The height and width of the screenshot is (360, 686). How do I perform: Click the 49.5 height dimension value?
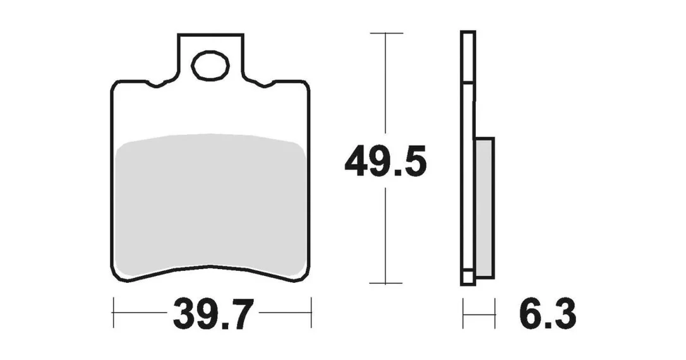385,163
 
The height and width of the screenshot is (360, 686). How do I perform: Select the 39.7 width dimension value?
213,315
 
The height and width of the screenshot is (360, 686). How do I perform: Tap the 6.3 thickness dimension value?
548,314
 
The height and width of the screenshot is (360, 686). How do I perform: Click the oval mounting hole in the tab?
210,66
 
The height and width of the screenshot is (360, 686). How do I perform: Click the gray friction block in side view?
484,208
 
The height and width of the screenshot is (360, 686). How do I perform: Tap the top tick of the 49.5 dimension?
387,33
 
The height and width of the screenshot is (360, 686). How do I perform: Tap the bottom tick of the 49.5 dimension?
385,283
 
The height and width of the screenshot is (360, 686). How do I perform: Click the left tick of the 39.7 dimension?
113,313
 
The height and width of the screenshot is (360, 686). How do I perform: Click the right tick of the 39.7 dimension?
311,313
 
